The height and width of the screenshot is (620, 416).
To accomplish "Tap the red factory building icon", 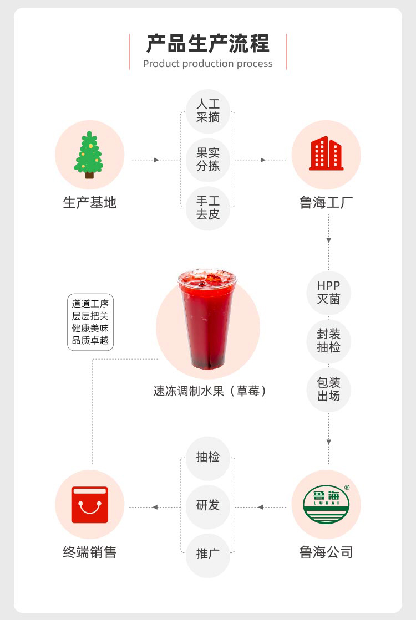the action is pos(326,154).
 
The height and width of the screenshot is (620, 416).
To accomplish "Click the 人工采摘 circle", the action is pos(208,111).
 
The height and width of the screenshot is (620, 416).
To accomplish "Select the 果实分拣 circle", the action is pos(208,160).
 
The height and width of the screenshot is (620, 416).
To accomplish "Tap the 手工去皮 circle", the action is pos(208,208).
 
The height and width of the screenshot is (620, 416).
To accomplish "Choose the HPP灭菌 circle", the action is pos(328,293).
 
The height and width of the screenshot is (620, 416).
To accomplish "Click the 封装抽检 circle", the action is pos(328,341).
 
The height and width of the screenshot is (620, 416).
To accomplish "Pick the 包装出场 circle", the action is pos(328,390).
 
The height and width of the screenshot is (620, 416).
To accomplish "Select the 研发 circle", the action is pos(208,506).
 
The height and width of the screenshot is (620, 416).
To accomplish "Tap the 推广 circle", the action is pos(208,554).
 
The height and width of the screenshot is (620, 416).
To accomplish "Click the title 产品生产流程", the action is pos(208,43).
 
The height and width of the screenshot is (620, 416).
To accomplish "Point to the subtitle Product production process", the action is pos(208,64).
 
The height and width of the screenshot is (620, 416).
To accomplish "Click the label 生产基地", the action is pos(90,203).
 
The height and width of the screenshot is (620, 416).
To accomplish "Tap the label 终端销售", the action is pos(90,552).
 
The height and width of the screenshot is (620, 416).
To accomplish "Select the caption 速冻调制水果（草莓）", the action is pos(210,391).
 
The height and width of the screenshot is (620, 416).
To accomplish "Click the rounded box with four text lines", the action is pos(90,322).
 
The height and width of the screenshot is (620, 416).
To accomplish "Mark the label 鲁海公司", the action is pos(326,552).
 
